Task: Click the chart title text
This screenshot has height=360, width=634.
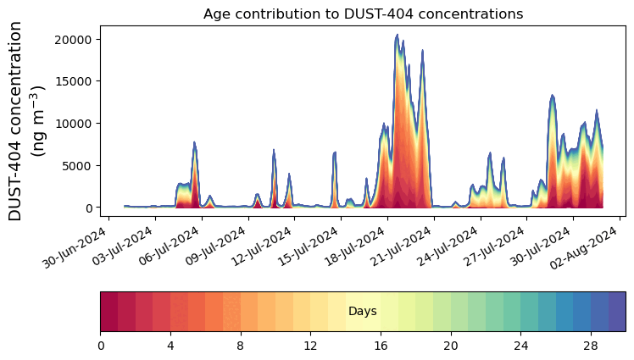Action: pos(363,14)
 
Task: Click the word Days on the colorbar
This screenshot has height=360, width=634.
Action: pos(363,312)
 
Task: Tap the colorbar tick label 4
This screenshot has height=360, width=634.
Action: pos(170,346)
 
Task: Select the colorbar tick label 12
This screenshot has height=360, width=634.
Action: pos(310,346)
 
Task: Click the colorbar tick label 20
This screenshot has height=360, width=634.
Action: pos(450,346)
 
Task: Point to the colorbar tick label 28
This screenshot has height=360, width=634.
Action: pos(590,346)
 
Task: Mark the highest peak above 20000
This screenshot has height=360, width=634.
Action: pos(397,36)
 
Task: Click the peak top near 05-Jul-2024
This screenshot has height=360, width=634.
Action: pos(194,143)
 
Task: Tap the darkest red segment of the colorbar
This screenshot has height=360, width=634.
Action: pos(108,311)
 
